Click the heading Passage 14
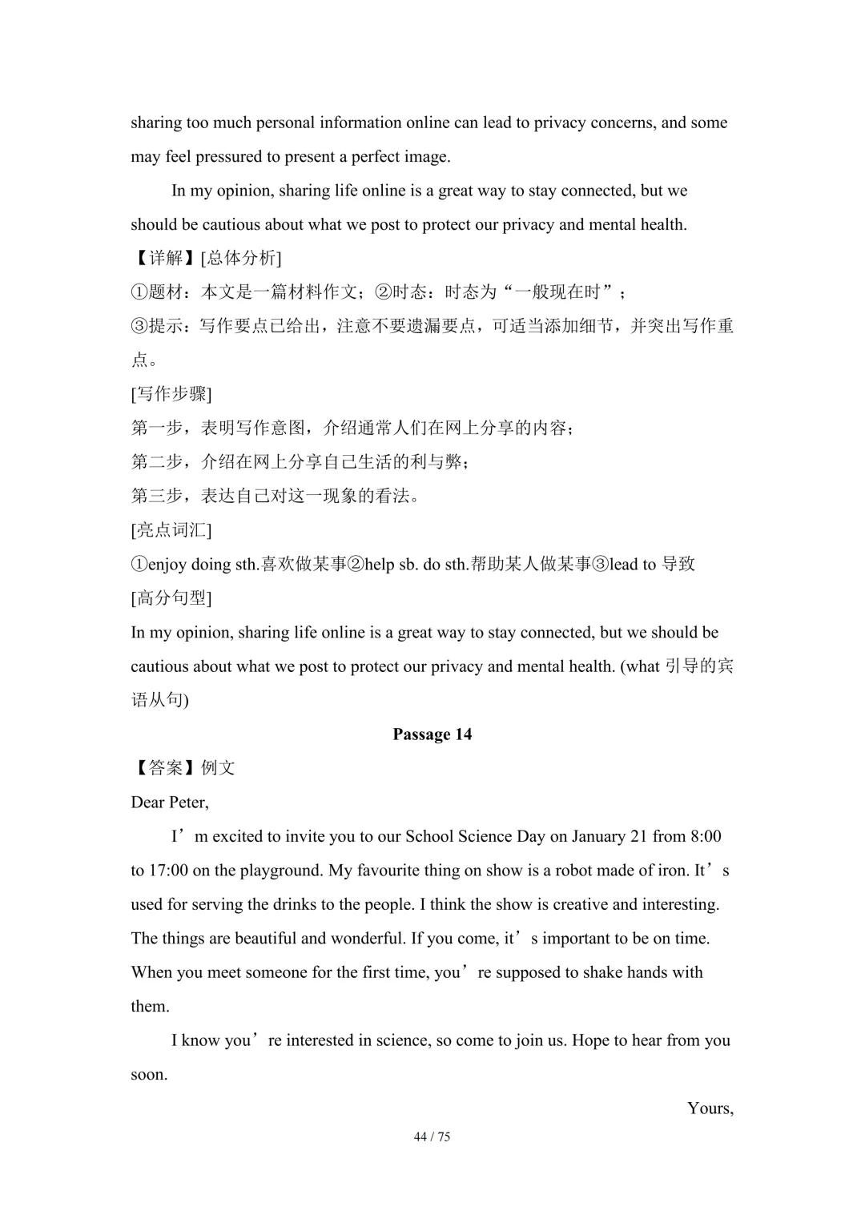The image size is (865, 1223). [x=432, y=734]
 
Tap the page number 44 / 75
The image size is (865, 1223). [x=432, y=1137]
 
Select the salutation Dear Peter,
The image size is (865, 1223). [x=170, y=803]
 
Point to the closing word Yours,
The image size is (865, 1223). [x=710, y=1108]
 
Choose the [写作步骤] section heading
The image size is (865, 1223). [x=171, y=394]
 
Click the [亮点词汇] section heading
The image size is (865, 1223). [x=171, y=530]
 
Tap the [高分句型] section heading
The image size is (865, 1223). [x=171, y=598]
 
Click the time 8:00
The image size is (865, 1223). [x=705, y=837]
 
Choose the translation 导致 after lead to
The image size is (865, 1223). [x=678, y=565]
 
